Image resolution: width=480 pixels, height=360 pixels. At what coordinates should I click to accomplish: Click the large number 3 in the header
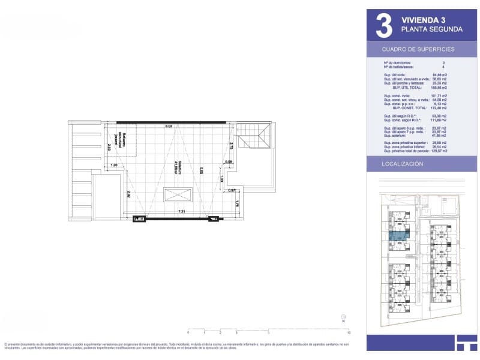click(383, 25)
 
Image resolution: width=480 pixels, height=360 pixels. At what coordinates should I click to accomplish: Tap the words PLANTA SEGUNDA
click(431, 29)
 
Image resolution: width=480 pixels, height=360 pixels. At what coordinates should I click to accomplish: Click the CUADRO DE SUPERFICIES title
click(418, 49)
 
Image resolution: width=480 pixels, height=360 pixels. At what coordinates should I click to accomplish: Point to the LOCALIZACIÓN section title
click(403, 164)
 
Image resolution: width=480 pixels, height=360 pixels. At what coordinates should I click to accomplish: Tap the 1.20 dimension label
click(114, 164)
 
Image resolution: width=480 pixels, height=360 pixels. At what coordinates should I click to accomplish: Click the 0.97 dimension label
click(232, 190)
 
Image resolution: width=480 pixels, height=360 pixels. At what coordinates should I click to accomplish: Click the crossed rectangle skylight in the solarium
click(178, 194)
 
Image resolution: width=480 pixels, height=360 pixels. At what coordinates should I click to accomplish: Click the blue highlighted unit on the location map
click(398, 236)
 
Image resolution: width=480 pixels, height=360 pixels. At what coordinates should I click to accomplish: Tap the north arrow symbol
click(342, 317)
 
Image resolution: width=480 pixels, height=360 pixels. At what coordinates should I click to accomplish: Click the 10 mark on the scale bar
click(348, 332)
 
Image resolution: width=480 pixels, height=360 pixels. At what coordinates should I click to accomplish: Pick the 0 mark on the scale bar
click(188, 332)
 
